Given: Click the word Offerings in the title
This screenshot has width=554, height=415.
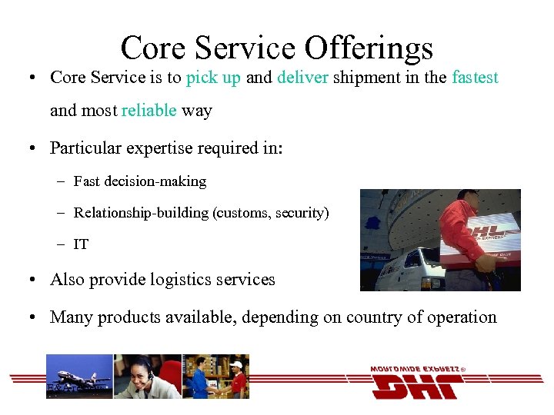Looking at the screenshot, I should pyautogui.click(x=369, y=48).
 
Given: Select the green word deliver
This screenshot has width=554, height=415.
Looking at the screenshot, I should pyautogui.click(x=305, y=78).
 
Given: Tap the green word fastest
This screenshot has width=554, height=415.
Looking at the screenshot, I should pyautogui.click(x=475, y=78).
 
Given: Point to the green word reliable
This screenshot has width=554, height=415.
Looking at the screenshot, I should pyautogui.click(x=149, y=111).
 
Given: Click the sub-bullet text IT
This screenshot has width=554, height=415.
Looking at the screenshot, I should pyautogui.click(x=81, y=245).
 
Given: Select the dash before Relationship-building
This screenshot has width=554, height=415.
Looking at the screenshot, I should pyautogui.click(x=60, y=213).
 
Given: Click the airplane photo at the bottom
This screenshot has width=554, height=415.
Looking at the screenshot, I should pyautogui.click(x=79, y=376).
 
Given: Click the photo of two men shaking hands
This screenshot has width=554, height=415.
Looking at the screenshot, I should pyautogui.click(x=215, y=377).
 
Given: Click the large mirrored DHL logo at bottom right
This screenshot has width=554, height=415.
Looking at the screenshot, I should pyautogui.click(x=415, y=384).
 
